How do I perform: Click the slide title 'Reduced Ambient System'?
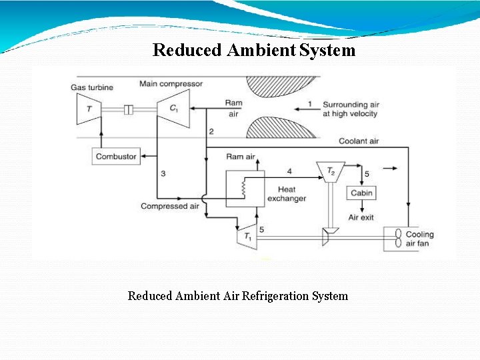tap(254, 50)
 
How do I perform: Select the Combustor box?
tap(116, 157)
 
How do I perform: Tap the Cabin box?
tap(362, 193)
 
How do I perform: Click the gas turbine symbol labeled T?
tap(89, 108)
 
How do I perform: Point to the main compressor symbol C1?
tap(173, 108)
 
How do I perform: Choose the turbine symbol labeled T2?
tap(331, 171)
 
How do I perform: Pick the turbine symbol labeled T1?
tap(247, 236)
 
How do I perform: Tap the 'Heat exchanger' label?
tap(287, 194)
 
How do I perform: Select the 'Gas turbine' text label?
tap(92, 87)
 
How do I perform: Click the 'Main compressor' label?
tap(171, 84)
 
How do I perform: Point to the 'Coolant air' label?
tap(359, 141)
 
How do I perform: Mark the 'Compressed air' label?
tap(169, 207)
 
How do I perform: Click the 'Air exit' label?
tap(361, 217)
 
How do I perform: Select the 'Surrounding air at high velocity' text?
tap(350, 109)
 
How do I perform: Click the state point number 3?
tap(163, 173)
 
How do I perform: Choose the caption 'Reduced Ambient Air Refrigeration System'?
tap(238, 295)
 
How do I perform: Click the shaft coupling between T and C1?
tap(130, 109)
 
